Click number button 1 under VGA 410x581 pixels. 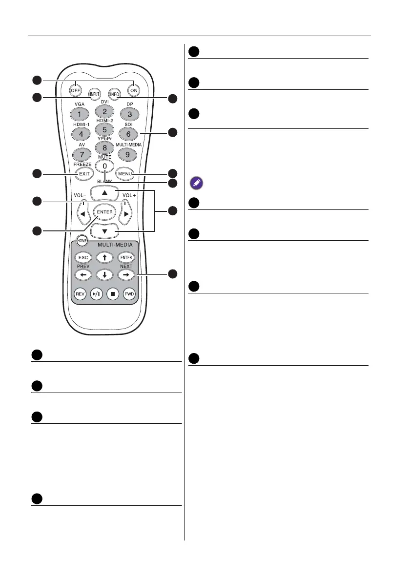[x=80, y=114]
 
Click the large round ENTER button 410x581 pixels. [x=104, y=212]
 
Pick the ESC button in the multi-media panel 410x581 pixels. [x=81, y=257]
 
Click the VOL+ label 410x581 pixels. [x=129, y=195]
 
